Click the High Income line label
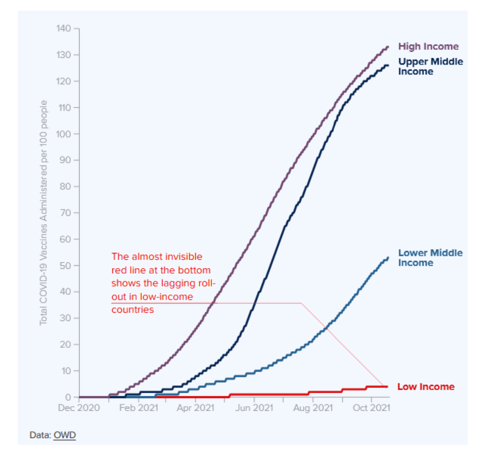(428, 46)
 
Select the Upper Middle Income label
(430, 66)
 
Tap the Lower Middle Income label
(430, 257)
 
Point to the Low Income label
(425, 387)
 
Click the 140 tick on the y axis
(64, 29)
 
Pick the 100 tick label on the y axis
(64, 134)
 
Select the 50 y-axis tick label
(66, 266)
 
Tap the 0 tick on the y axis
(69, 397)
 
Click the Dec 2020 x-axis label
(79, 408)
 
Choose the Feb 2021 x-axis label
(139, 408)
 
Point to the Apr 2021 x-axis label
(196, 408)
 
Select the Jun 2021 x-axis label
(254, 408)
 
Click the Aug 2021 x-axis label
(313, 408)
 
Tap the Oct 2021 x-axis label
(371, 408)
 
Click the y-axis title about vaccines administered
(44, 213)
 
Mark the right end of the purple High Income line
(388, 46)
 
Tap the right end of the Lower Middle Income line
(388, 257)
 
